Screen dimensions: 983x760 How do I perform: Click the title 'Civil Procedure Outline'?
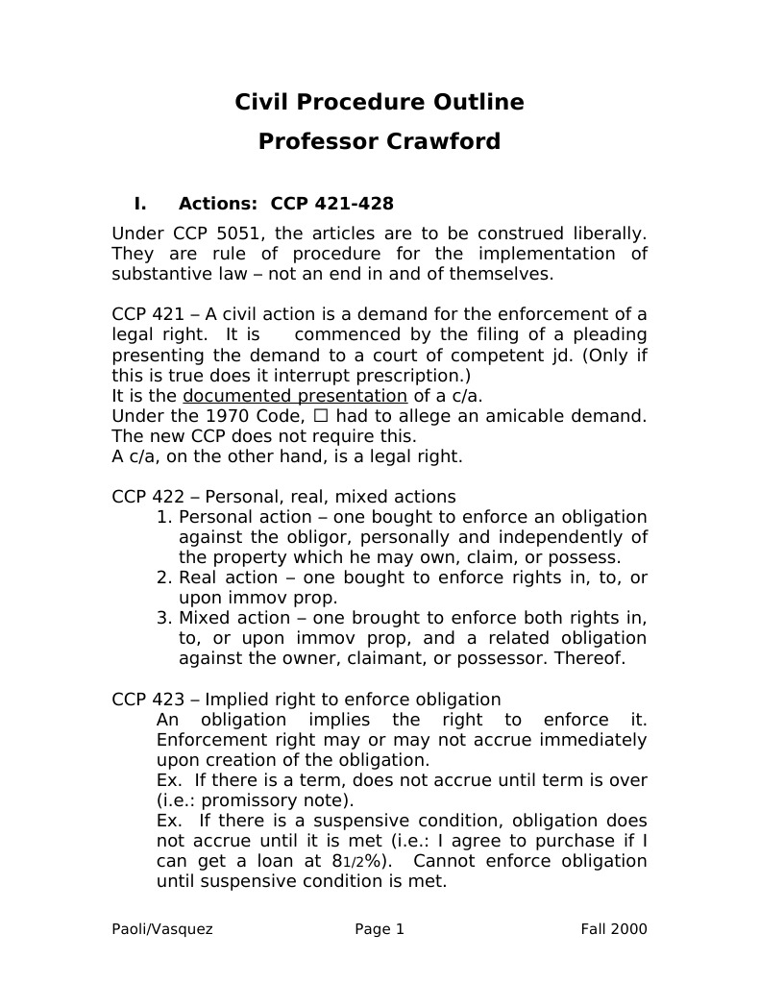pyautogui.click(x=380, y=102)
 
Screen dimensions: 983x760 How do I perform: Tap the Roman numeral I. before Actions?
pyautogui.click(x=140, y=204)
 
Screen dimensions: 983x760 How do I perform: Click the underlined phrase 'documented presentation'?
pyautogui.click(x=295, y=396)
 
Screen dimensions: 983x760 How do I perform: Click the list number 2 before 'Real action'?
pyautogui.click(x=161, y=578)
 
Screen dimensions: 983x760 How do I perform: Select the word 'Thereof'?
pyautogui.click(x=593, y=658)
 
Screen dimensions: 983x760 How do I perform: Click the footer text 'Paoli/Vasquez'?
pyautogui.click(x=162, y=929)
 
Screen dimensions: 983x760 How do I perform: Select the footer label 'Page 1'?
pyautogui.click(x=380, y=929)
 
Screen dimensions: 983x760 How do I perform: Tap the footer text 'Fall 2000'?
pyautogui.click(x=613, y=929)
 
